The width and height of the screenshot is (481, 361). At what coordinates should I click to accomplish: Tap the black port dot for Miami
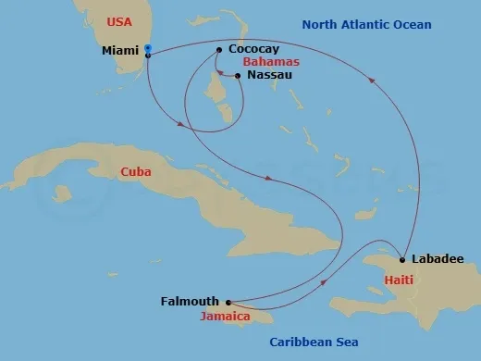coord(148,56)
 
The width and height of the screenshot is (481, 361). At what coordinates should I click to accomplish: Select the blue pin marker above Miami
coord(148,48)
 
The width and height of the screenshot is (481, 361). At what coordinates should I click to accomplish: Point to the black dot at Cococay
coord(217,50)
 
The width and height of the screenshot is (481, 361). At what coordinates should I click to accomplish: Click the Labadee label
coord(438,259)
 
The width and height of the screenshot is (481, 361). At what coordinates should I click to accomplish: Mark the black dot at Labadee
coord(403,258)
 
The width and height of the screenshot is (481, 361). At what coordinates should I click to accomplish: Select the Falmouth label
coord(190,301)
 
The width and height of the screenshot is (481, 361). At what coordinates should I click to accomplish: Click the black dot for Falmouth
coord(227,301)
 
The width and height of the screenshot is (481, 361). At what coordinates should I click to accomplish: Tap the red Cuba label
coord(136,171)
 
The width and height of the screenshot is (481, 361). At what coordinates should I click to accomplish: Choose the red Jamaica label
coord(225,316)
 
